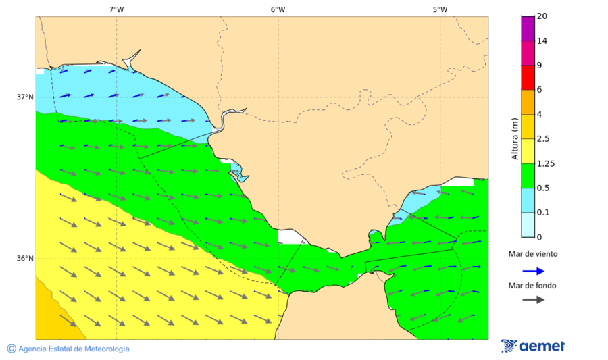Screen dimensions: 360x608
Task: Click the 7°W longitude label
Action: point(116,9)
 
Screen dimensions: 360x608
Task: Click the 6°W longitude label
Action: point(278,9)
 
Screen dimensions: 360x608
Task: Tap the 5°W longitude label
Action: point(440,9)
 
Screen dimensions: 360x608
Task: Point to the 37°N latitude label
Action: point(25,97)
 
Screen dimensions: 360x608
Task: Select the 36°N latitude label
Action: point(25,258)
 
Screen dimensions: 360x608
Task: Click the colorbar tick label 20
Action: point(542,16)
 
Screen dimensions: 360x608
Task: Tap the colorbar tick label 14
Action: point(542,41)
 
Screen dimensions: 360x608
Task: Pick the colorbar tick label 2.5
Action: point(542,139)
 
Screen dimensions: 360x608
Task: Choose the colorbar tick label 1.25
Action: point(544,163)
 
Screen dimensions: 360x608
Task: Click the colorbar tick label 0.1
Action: point(542,213)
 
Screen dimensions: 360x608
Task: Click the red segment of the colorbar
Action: point(528,77)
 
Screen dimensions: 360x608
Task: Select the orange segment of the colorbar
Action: point(528,102)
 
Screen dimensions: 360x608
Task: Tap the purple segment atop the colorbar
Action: point(528,28)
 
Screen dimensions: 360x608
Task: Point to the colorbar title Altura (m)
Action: point(515,138)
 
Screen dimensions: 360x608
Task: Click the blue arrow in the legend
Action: point(533,271)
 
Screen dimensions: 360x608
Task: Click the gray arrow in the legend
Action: point(533,299)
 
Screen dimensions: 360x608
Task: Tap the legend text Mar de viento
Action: point(533,254)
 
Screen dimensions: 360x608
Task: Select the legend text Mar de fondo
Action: point(533,286)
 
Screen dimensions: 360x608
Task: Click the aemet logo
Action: point(533,346)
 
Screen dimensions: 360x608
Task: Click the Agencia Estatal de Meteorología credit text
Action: point(68,349)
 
